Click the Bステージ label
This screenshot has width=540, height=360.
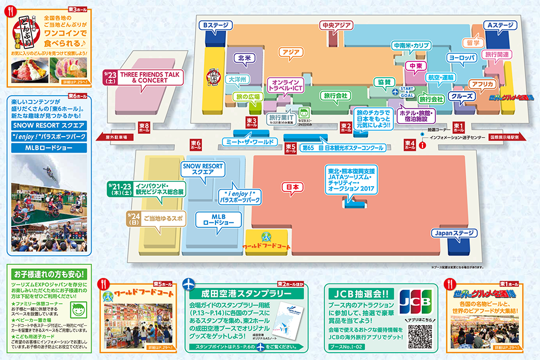click(213, 26)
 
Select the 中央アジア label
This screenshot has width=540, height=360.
click(336, 26)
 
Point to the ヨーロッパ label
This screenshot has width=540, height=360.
click(462, 57)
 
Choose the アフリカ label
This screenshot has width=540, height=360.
click(482, 84)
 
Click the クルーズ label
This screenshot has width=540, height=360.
click(462, 97)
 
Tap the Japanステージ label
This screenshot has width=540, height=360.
click(453, 233)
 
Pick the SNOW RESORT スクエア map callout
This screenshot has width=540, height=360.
click(199, 169)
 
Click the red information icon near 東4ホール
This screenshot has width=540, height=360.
click(421, 144)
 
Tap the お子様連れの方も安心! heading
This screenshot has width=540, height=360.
click(47, 274)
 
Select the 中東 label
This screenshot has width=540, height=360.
click(416, 66)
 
